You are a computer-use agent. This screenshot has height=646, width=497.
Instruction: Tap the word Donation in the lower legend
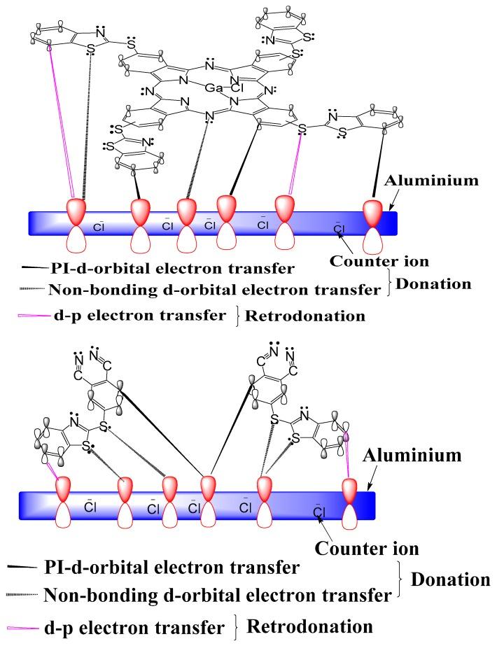tap(448, 580)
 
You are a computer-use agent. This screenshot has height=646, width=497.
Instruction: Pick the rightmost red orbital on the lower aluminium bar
tap(349, 487)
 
